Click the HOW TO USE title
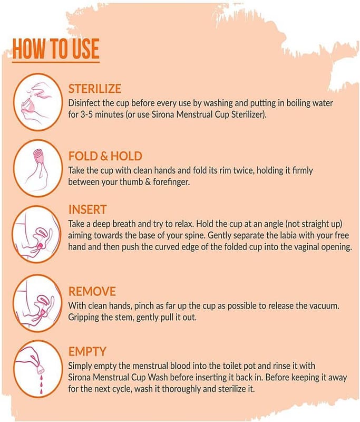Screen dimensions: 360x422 pyautogui.click(x=56, y=49)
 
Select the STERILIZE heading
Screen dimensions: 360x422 pyautogui.click(x=95, y=89)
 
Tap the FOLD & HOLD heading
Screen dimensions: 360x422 pyautogui.click(x=105, y=156)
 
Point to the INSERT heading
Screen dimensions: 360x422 pyautogui.click(x=87, y=209)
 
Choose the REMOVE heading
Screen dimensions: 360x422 pyautogui.click(x=92, y=292)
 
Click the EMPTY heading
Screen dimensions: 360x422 pyautogui.click(x=87, y=351)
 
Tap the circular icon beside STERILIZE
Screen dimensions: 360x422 pyautogui.click(x=37, y=102)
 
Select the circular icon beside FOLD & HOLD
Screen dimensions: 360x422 pyautogui.click(x=37, y=168)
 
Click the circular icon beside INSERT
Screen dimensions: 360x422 pyautogui.click(x=37, y=234)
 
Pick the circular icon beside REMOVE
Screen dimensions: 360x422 pyautogui.click(x=37, y=303)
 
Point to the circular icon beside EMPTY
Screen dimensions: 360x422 pyautogui.click(x=37, y=369)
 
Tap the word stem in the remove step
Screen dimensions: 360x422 pyautogui.click(x=125, y=318)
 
